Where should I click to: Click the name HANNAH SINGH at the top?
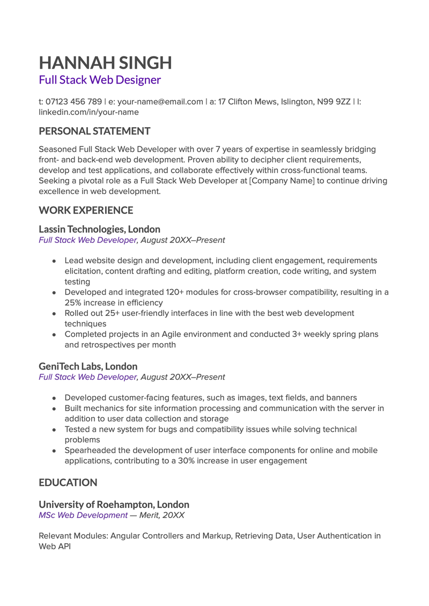(105, 63)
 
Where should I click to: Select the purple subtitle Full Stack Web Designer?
(100, 80)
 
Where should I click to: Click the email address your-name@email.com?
(160, 102)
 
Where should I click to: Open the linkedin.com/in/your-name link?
(88, 112)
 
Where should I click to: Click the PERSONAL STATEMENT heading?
(94, 131)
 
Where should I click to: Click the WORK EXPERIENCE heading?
(86, 210)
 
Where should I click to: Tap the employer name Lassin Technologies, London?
(99, 230)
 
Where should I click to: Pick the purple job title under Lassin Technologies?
(88, 240)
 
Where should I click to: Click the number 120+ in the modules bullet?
(167, 292)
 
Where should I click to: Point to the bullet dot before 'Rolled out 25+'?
(55, 313)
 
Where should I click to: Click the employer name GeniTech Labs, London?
(88, 366)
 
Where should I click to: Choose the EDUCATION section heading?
(68, 483)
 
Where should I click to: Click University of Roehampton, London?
(114, 505)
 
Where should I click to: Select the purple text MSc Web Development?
(83, 515)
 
